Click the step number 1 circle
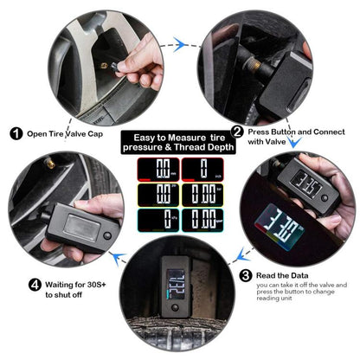pyautogui.click(x=16, y=134)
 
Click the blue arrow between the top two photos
pyautogui.click(x=178, y=39)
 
